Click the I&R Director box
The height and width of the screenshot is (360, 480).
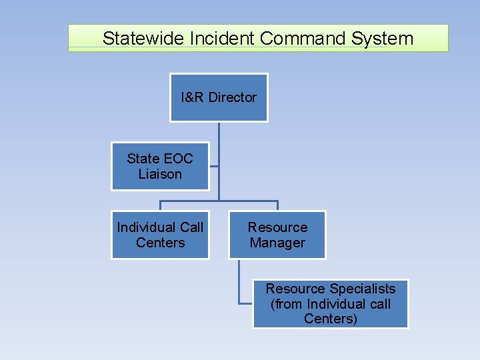click(x=219, y=97)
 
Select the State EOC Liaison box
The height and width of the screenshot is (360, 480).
click(x=160, y=166)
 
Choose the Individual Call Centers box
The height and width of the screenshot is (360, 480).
click(x=160, y=235)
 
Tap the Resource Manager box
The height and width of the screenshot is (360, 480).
click(x=277, y=235)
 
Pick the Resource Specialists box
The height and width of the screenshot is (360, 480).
click(x=331, y=303)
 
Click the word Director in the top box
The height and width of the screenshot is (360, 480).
click(x=232, y=97)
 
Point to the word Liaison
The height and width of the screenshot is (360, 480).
click(x=160, y=174)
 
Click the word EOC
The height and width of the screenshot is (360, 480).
click(x=178, y=159)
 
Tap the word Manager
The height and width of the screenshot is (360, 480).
click(x=277, y=243)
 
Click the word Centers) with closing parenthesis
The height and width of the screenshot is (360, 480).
click(x=331, y=319)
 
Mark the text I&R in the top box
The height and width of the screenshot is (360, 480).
click(x=193, y=97)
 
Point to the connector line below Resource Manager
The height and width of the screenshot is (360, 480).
click(x=240, y=280)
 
